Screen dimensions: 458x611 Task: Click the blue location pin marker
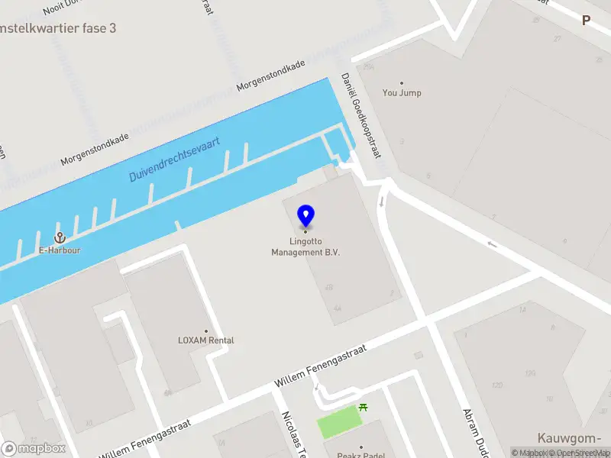click(306, 215)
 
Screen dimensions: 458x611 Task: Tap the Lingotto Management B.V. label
click(305, 247)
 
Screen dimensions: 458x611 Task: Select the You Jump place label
click(402, 93)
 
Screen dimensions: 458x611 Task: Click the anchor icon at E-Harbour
click(59, 238)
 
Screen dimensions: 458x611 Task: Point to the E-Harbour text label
click(60, 250)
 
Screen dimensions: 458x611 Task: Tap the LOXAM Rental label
click(205, 340)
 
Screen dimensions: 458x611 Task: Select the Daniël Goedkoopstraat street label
click(360, 116)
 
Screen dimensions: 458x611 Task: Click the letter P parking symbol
click(586, 21)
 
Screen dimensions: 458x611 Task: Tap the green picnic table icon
click(363, 408)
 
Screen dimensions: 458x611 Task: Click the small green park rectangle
click(338, 421)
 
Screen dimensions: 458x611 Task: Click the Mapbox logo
click(34, 449)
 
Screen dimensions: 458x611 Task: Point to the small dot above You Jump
click(402, 83)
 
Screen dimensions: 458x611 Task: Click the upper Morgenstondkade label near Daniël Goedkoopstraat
click(271, 76)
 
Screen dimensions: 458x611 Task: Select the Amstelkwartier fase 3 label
click(59, 28)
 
